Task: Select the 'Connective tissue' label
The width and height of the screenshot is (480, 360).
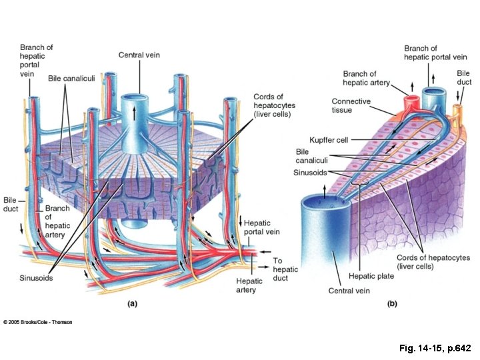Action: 351,105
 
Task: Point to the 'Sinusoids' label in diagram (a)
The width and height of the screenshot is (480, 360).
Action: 36,277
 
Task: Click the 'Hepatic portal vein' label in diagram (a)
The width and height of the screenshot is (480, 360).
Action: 261,227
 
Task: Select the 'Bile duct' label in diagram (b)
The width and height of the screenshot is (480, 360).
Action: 463,77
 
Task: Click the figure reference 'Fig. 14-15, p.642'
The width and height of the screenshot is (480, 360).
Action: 435,349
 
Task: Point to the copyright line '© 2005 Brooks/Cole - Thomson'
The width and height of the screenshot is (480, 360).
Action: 38,322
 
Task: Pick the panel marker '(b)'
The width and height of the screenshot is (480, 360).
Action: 392,303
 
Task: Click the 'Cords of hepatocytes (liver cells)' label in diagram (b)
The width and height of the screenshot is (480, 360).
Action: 433,262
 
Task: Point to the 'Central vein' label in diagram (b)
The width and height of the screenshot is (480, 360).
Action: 349,291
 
